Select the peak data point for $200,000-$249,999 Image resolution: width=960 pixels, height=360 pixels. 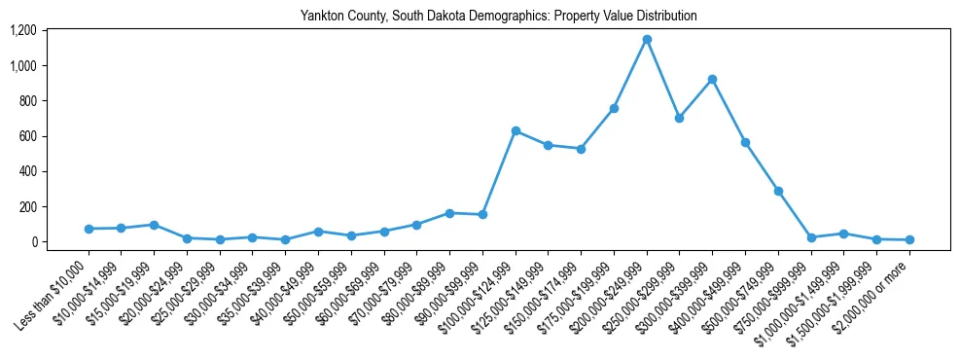(x=647, y=40)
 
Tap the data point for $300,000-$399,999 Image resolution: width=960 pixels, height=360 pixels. (x=713, y=80)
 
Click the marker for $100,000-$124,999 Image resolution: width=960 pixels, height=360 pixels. (x=516, y=130)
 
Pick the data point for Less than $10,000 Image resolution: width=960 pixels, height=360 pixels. (x=89, y=229)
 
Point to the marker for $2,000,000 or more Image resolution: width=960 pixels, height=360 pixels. (x=909, y=239)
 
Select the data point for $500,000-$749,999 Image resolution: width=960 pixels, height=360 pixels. (x=778, y=192)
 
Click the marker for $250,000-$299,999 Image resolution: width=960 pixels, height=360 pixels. (x=680, y=118)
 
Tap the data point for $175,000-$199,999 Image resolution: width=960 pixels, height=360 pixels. (x=614, y=108)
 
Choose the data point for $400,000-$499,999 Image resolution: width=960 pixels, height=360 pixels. (x=745, y=142)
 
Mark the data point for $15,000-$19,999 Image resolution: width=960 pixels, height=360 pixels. (x=154, y=225)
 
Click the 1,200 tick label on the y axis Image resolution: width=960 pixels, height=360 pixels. (x=22, y=30)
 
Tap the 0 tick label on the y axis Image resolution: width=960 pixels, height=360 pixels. (x=32, y=241)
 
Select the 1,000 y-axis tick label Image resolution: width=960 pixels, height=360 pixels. (x=22, y=65)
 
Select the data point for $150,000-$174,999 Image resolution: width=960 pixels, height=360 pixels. (x=581, y=149)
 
